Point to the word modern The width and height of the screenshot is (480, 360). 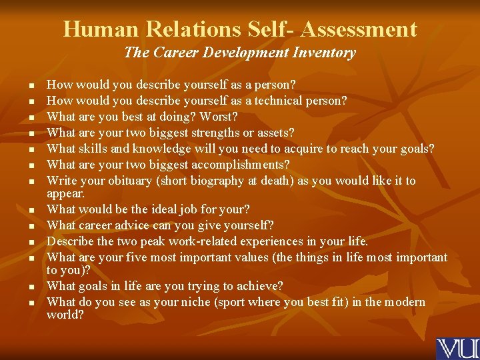(403, 302)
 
